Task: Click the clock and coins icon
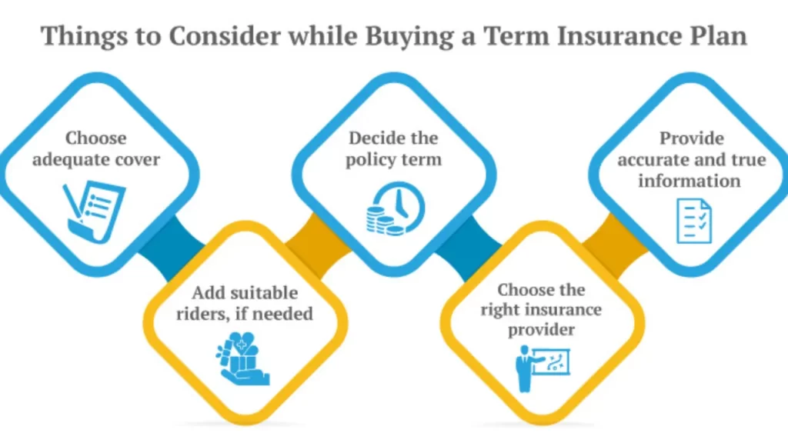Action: pos(396,209)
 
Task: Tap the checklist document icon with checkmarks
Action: pos(694,221)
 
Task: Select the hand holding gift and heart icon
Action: pos(242,358)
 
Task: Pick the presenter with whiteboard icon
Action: pos(543,368)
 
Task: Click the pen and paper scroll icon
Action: pos(94,212)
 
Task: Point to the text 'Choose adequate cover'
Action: pos(96,148)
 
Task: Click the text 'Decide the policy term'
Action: pos(393,148)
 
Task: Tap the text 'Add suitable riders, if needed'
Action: pos(245,303)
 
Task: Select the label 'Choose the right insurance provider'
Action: pos(541,309)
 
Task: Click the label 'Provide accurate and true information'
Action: pos(692,159)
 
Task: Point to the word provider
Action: pos(541,330)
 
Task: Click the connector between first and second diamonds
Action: pos(172,248)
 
